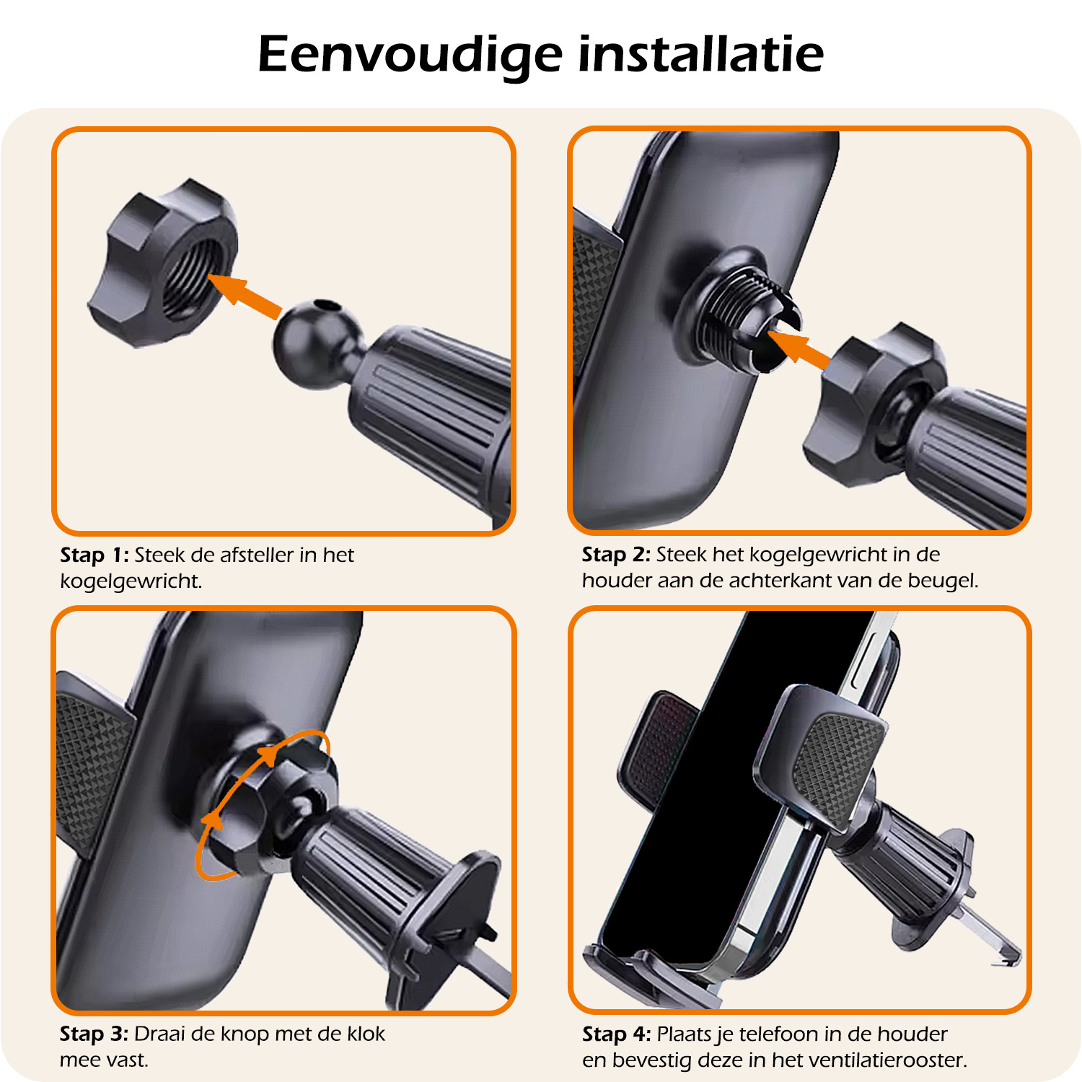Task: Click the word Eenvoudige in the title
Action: pyautogui.click(x=410, y=55)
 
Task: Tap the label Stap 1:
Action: pyautogui.click(x=94, y=555)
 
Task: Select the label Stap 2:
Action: pyautogui.click(x=616, y=555)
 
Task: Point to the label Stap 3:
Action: pyautogui.click(x=94, y=1034)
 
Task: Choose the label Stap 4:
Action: pyautogui.click(x=616, y=1034)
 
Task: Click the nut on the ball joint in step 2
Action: pyautogui.click(x=869, y=404)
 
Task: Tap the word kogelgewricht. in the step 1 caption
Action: pyautogui.click(x=131, y=582)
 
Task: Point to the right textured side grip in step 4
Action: pyautogui.click(x=837, y=765)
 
